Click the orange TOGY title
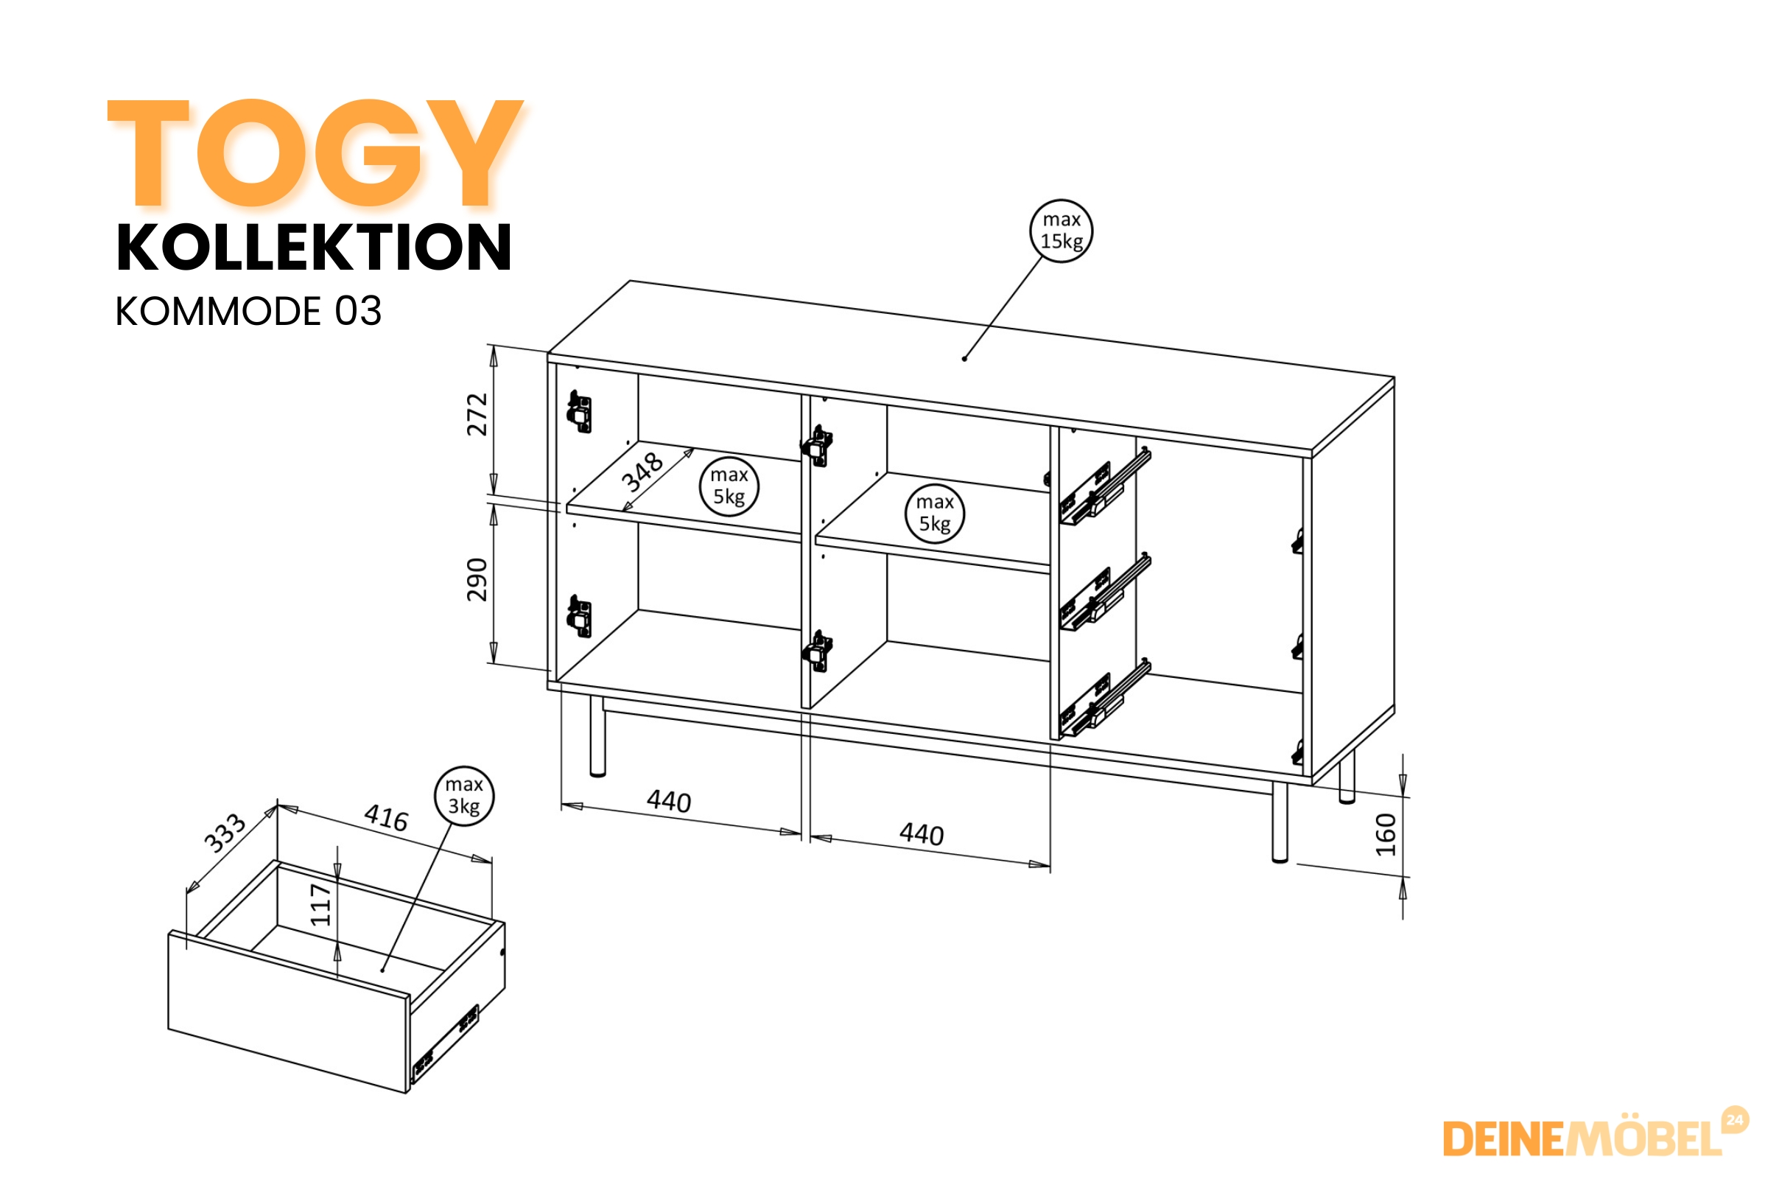point(316,153)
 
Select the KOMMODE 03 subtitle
point(248,310)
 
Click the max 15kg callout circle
point(1061,231)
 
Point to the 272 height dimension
point(477,414)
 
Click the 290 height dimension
point(477,580)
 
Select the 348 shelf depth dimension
point(642,472)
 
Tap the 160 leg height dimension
point(1386,835)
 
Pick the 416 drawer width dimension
point(386,817)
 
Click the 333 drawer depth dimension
point(225,833)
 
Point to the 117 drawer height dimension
point(321,905)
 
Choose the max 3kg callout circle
point(465,797)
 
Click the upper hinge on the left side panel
point(579,412)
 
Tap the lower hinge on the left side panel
point(579,617)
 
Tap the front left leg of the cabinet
point(597,736)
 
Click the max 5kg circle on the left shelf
point(729,486)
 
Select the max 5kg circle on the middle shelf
point(934,514)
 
